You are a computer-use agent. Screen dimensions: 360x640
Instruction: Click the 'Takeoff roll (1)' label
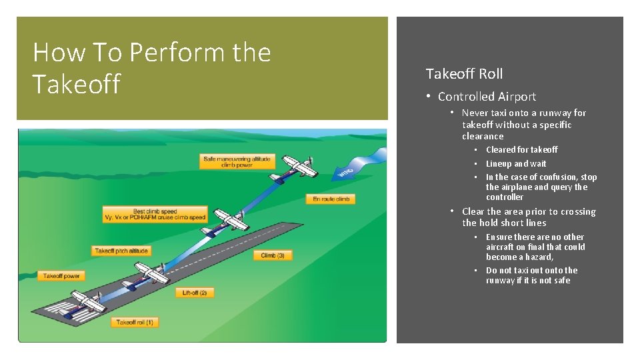click(135, 323)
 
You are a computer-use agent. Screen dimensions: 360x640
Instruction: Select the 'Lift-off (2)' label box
click(195, 293)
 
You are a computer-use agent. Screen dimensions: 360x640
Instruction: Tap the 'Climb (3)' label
click(273, 255)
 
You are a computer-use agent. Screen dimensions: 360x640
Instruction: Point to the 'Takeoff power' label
click(61, 275)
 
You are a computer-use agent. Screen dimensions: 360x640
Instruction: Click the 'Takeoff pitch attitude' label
click(121, 251)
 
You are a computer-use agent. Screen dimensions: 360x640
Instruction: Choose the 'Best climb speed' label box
click(154, 214)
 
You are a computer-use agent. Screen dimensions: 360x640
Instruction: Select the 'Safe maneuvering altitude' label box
click(228, 161)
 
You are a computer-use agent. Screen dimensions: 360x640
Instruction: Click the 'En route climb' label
click(331, 199)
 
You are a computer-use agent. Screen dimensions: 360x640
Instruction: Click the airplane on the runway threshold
click(87, 304)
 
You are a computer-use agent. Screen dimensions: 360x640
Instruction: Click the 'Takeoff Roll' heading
click(464, 74)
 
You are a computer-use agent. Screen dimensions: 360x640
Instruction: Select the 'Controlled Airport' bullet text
click(487, 97)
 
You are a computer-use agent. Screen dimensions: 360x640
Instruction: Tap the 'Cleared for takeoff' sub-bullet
click(521, 150)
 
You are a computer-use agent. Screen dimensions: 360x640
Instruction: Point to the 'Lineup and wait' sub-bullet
click(515, 163)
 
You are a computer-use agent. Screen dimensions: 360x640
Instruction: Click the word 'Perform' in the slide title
click(181, 52)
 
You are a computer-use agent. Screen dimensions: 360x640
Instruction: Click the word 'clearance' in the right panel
click(483, 136)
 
